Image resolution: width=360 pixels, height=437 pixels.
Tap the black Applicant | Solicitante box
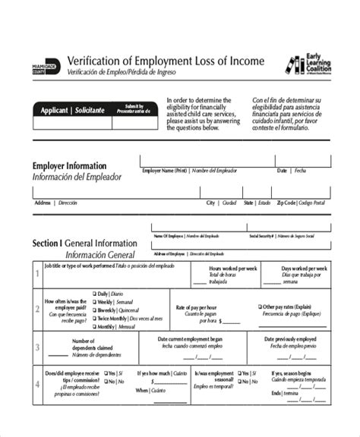73,110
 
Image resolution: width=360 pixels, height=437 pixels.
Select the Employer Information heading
69,165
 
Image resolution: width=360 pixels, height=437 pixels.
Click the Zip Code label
286,203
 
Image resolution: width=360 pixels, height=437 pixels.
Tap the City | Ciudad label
221,203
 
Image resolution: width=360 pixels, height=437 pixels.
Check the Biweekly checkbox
94,310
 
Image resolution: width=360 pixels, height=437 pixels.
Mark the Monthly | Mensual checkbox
94,327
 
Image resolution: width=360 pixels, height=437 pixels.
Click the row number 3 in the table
37,350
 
